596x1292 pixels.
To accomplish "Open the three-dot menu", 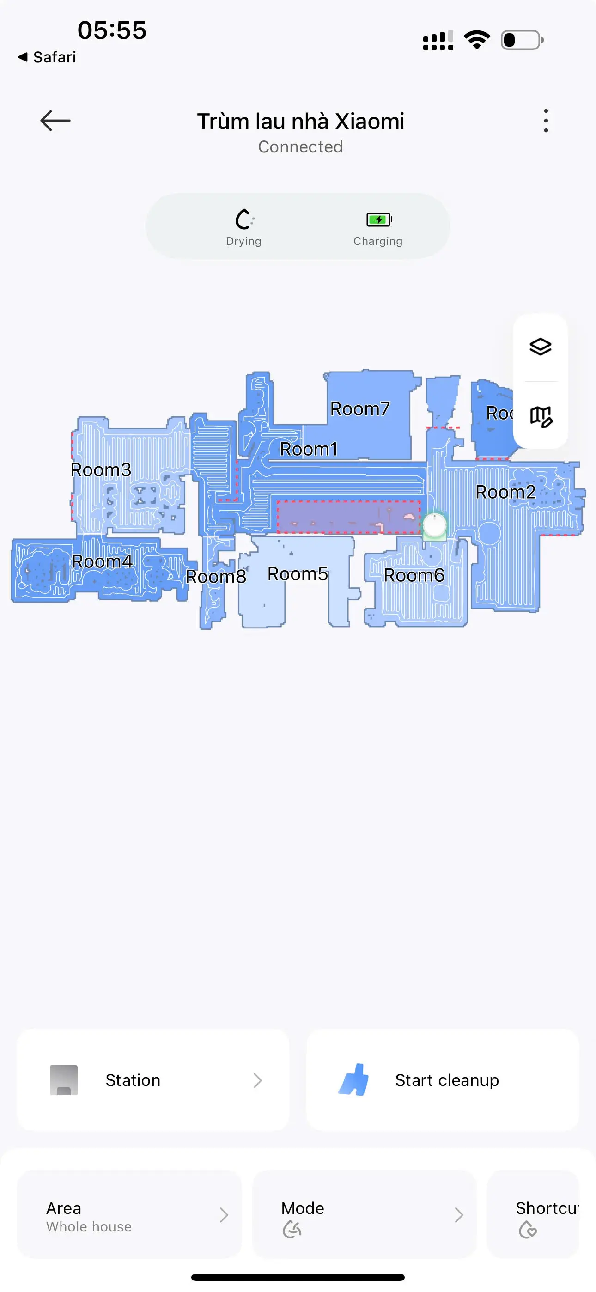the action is click(546, 121).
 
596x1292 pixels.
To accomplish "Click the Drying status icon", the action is click(244, 219).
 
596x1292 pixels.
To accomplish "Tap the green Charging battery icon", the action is click(379, 219).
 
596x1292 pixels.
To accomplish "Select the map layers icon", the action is click(540, 347).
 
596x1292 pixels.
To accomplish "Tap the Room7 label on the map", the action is click(360, 409).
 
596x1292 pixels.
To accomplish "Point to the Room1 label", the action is click(309, 449).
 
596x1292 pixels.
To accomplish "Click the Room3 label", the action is click(101, 469).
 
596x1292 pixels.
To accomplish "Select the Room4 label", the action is click(102, 561).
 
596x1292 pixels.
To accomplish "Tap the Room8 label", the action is click(216, 576).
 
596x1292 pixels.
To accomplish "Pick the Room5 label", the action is click(298, 574).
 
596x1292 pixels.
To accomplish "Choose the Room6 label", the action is click(414, 575).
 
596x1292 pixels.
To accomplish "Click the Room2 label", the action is click(505, 492).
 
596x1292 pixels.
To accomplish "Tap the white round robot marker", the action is click(434, 524).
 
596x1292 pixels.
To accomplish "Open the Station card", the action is click(153, 1080).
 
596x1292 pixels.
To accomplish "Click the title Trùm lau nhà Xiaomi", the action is click(300, 122).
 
